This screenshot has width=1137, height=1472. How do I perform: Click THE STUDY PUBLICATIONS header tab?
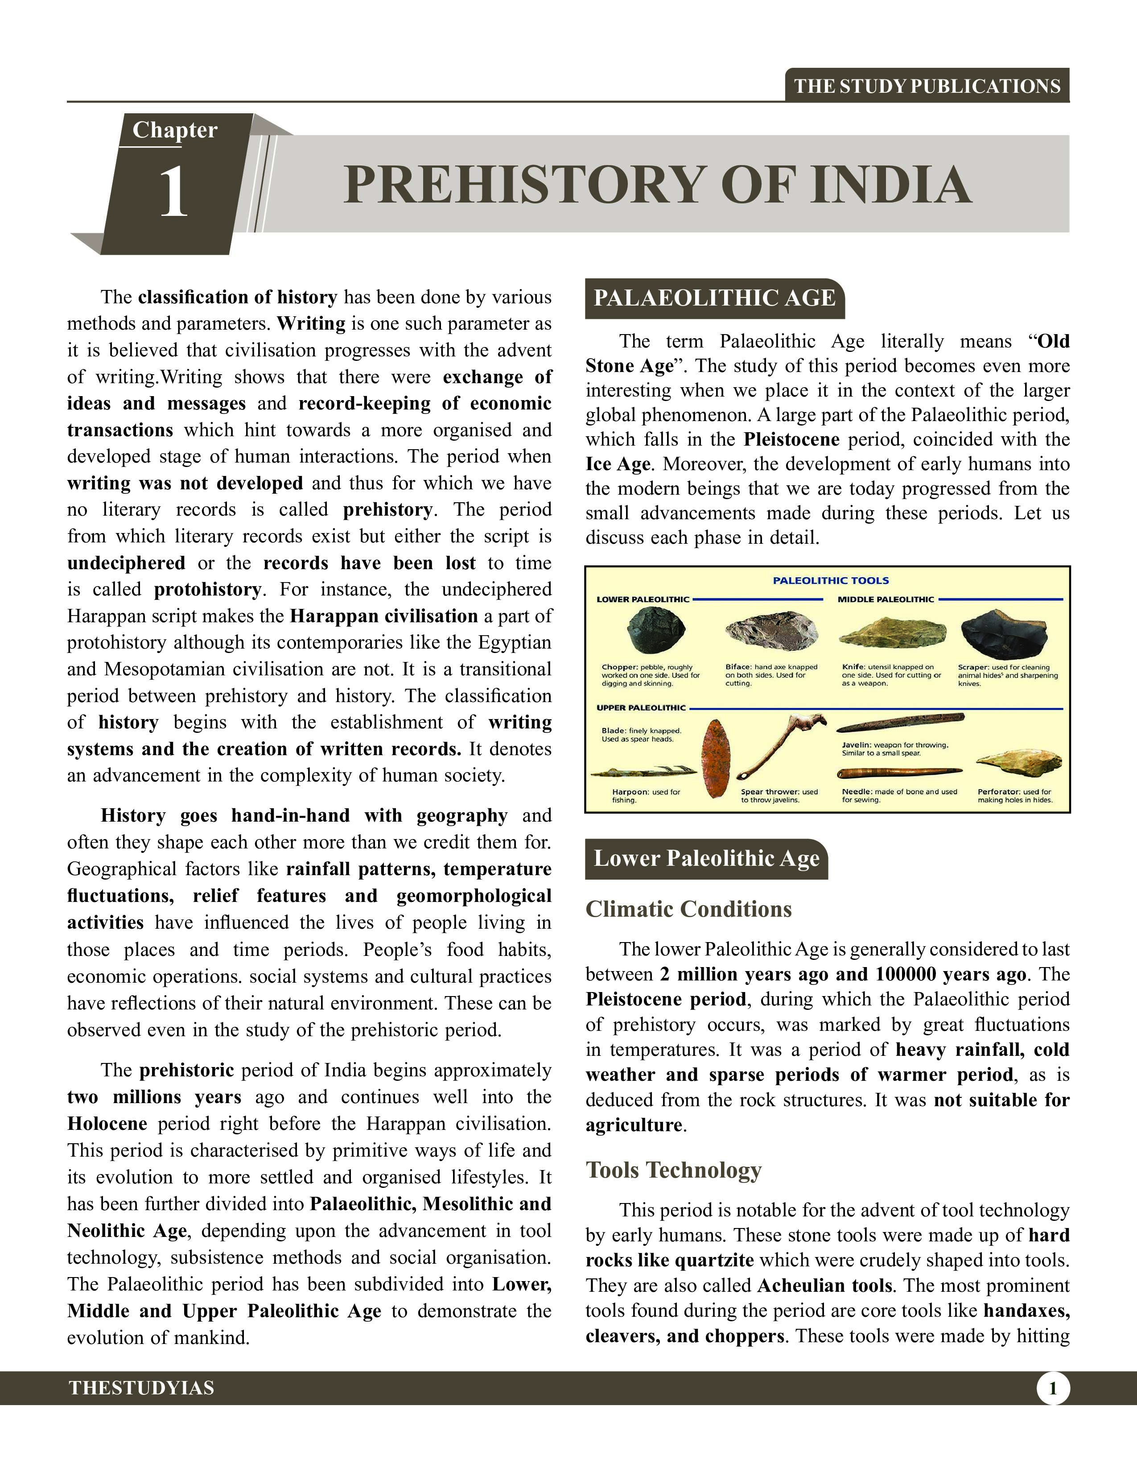pos(927,86)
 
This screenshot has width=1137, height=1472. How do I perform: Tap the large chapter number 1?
pos(173,194)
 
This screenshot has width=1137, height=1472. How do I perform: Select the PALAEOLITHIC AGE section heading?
pos(714,298)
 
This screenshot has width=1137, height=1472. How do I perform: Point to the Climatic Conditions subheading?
pos(688,909)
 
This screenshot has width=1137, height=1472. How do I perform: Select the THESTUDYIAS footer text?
pos(141,1388)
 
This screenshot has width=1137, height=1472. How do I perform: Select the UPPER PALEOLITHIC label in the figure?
pos(641,708)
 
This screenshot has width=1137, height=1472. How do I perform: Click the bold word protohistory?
pos(207,590)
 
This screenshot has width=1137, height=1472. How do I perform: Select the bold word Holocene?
pos(107,1124)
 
